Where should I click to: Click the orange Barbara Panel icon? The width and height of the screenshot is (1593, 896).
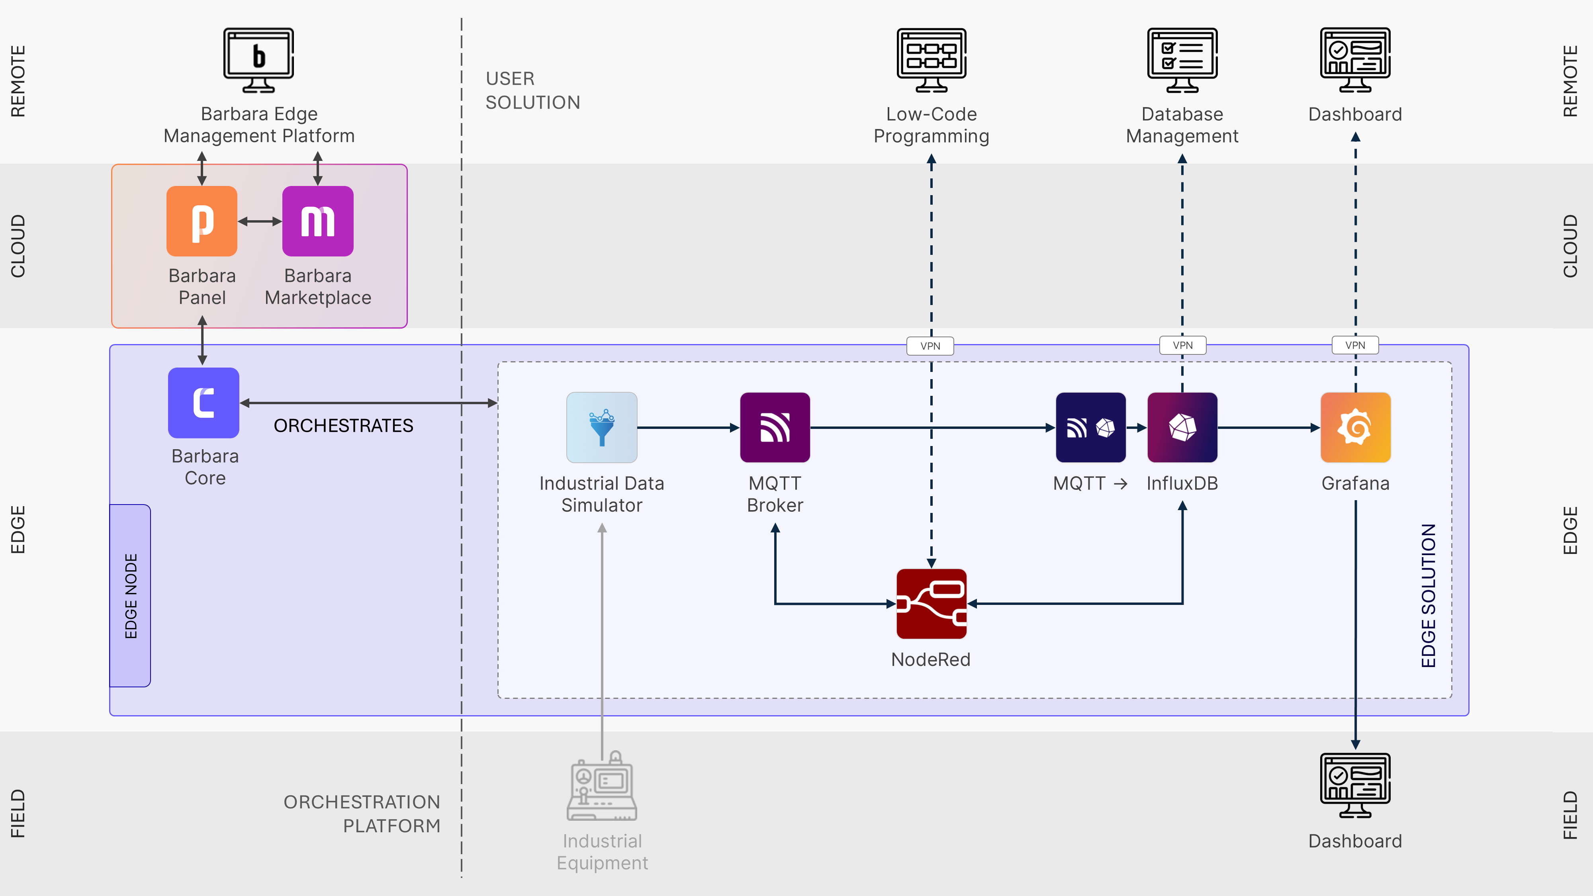(x=202, y=221)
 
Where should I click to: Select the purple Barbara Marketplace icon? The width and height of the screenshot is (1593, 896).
(x=318, y=221)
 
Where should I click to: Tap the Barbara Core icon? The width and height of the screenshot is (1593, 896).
(x=204, y=403)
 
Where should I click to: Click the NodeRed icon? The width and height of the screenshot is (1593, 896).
(x=932, y=604)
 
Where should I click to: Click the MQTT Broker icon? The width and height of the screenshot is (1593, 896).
(x=775, y=427)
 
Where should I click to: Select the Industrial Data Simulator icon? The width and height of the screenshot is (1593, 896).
(x=602, y=427)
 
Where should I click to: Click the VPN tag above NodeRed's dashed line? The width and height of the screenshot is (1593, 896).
(x=930, y=346)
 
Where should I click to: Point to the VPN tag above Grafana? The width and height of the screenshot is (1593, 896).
(x=1354, y=345)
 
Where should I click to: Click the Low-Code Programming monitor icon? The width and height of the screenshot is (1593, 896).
(x=932, y=60)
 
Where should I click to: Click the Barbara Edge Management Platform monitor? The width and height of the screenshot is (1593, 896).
(x=258, y=60)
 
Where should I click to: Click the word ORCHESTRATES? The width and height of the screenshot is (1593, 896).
(x=343, y=425)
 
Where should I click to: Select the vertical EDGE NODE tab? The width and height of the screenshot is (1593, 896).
(x=131, y=595)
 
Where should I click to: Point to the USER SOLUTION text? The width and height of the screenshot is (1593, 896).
(x=532, y=90)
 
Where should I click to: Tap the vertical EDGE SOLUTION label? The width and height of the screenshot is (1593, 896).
(x=1428, y=595)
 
